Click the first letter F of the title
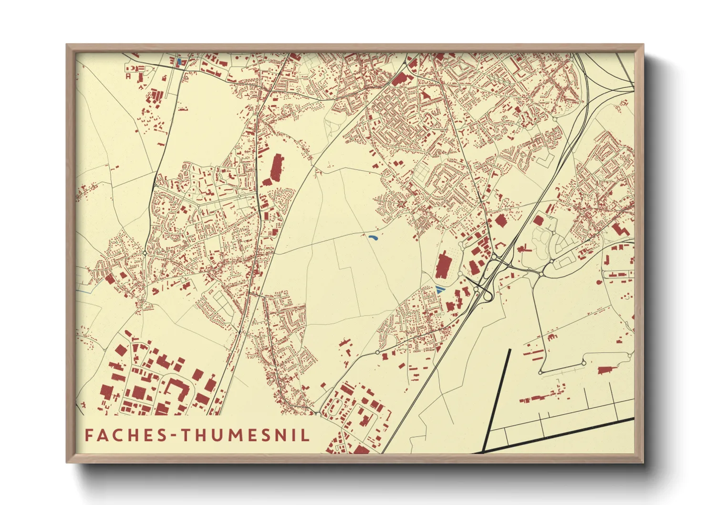tap(89, 435)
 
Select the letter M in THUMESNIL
tap(227, 435)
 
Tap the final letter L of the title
tap(305, 435)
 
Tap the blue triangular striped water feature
tap(439, 289)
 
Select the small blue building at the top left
tap(179, 62)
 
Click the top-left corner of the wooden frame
tap(67, 45)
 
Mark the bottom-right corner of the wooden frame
tap(643, 462)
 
